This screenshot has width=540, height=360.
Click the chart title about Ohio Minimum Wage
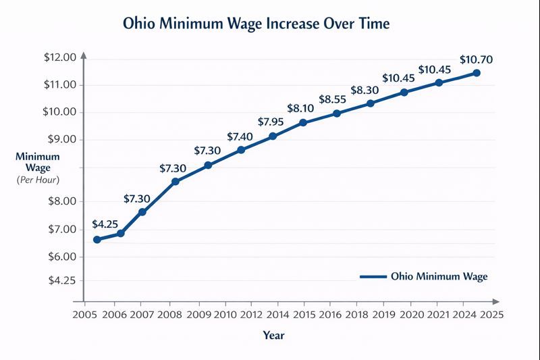[x=256, y=24]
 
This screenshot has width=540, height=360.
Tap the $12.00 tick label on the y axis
[x=59, y=57]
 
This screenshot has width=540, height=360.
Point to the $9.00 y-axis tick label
[x=59, y=140]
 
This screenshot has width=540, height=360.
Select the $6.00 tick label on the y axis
[x=59, y=257]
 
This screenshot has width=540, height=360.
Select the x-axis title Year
[x=273, y=334]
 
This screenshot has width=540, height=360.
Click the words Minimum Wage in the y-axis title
[x=38, y=161]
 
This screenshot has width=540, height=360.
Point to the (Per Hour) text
[x=38, y=180]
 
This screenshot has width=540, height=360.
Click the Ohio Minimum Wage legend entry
[x=439, y=276]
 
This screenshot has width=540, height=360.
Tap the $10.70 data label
[x=476, y=59]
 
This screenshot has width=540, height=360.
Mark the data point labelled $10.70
[x=477, y=73]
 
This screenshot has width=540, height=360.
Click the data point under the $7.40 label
[x=241, y=150]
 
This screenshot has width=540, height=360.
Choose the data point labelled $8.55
[x=337, y=113]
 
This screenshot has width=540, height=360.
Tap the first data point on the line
[x=97, y=240]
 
